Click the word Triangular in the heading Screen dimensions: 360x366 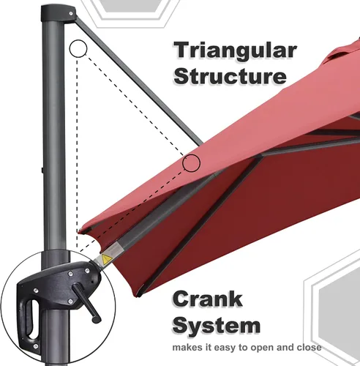235,51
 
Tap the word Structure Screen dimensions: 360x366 230,76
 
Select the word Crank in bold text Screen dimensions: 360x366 208,299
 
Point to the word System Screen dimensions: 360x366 217,326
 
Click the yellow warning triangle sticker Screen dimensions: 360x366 107,259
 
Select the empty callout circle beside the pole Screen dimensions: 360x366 78,48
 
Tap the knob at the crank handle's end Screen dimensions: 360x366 97,318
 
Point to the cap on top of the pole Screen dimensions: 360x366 59,14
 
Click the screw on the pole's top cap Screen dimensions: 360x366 71,14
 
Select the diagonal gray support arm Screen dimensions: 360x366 139,81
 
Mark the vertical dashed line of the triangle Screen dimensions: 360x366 77,152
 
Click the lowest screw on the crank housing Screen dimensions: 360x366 36,346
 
